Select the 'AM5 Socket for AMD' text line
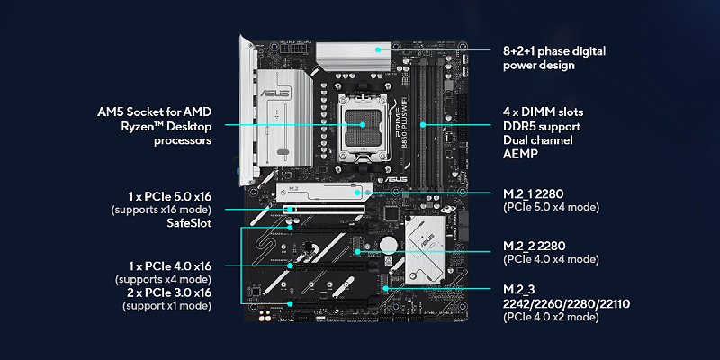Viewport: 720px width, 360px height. click(x=154, y=112)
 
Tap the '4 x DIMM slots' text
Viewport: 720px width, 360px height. click(x=543, y=112)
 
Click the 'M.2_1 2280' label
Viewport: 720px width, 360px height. click(x=535, y=193)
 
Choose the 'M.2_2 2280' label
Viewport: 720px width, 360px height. click(x=535, y=245)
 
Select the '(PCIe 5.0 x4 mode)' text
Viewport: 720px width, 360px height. click(x=550, y=207)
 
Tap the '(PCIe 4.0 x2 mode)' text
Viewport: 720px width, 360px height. click(x=550, y=318)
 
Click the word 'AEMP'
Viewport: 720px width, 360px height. click(x=520, y=156)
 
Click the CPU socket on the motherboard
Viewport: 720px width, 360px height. click(x=363, y=126)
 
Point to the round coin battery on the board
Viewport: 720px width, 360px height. click(x=388, y=243)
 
